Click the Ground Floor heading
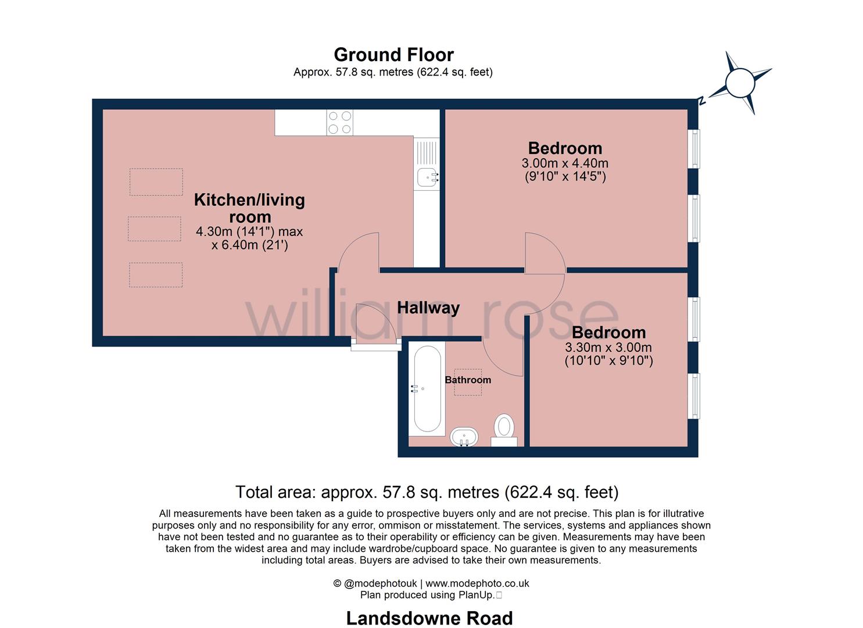(x=393, y=55)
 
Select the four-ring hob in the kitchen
(x=339, y=122)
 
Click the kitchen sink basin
(x=427, y=177)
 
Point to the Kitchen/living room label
(x=250, y=208)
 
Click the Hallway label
(x=428, y=308)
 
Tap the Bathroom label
(x=468, y=380)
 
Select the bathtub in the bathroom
(x=427, y=388)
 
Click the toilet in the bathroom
(x=504, y=430)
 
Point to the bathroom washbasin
(x=464, y=437)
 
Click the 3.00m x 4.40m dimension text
(x=565, y=163)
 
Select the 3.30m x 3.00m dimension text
(x=608, y=347)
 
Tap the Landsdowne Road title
(x=429, y=618)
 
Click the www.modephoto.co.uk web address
(x=477, y=583)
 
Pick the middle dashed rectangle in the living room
(x=155, y=229)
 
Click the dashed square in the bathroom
(x=468, y=381)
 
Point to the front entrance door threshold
(x=376, y=347)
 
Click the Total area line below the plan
(x=427, y=493)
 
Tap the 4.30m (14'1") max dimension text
(x=249, y=231)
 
